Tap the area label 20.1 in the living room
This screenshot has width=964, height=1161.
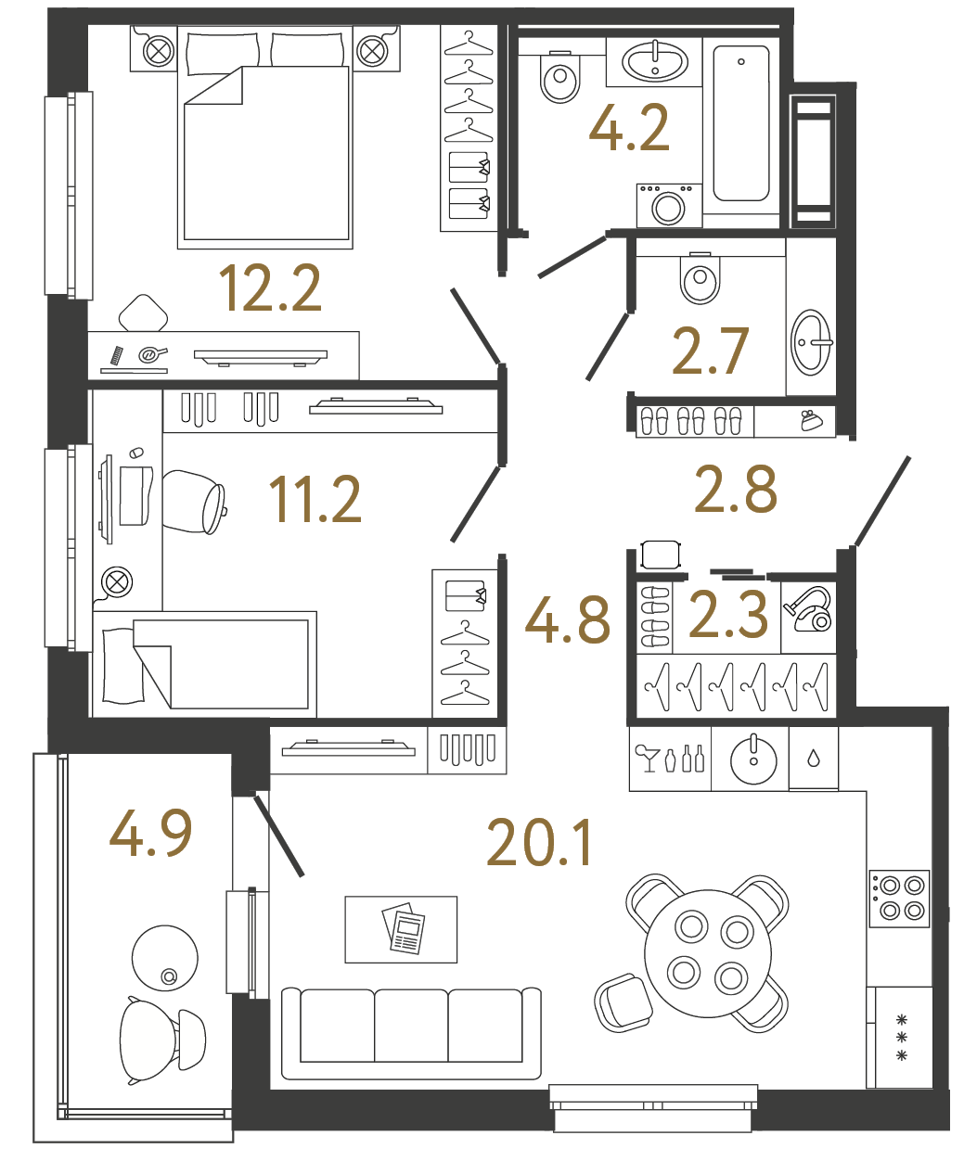click(539, 844)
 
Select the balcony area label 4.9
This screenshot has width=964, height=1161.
click(151, 832)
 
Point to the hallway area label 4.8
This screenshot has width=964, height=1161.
click(568, 620)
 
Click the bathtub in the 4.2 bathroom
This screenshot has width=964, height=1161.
click(741, 123)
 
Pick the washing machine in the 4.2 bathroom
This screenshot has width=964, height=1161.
click(668, 205)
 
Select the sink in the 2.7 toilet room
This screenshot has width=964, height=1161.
click(810, 342)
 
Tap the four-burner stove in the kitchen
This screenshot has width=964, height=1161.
click(899, 898)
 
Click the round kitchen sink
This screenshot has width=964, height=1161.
click(752, 759)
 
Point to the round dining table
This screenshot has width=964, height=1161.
click(708, 953)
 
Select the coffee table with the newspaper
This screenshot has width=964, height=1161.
click(401, 929)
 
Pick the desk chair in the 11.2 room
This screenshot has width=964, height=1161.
click(195, 502)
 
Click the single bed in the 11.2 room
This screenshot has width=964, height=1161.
click(205, 664)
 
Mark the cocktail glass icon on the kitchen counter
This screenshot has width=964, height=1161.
click(647, 757)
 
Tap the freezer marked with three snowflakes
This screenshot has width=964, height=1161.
click(900, 1037)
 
